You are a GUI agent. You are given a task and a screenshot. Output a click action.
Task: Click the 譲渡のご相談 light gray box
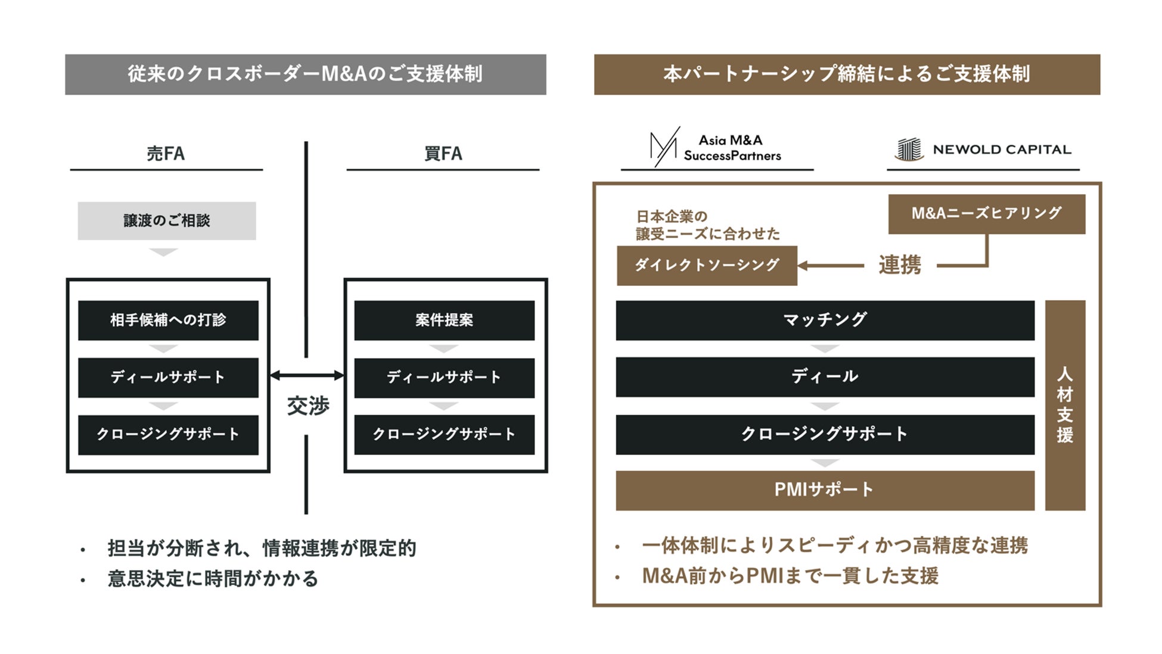[x=167, y=221]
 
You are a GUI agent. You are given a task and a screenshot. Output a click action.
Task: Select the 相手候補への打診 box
[x=168, y=320]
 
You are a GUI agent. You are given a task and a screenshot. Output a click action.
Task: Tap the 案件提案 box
[x=444, y=320]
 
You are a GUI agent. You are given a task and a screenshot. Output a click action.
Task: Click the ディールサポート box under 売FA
[x=168, y=378]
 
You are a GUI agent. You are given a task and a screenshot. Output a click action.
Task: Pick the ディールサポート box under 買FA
[x=444, y=378]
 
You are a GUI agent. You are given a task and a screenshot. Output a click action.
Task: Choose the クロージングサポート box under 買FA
[x=444, y=435]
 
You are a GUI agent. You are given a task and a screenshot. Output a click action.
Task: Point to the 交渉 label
[x=307, y=406]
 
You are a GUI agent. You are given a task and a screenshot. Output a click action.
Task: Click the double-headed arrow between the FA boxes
[x=307, y=375]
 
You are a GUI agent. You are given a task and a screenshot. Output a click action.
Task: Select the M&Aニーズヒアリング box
[x=986, y=214]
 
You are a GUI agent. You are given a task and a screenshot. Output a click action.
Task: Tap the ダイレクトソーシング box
[x=707, y=266]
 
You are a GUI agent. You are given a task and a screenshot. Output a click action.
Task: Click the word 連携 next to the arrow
[x=900, y=265]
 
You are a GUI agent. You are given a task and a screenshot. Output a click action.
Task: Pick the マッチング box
[x=825, y=320]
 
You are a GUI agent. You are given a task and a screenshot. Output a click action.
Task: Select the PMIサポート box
[x=825, y=490]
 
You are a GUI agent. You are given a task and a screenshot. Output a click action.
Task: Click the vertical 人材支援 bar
[x=1065, y=405]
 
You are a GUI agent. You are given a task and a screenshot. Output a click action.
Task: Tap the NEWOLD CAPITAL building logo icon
[x=909, y=149]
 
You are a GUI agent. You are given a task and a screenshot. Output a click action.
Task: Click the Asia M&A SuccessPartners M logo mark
[x=664, y=147]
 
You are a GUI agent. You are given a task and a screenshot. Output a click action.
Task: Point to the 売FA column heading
[x=166, y=154]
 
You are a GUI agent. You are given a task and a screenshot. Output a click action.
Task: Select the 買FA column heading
[x=443, y=154]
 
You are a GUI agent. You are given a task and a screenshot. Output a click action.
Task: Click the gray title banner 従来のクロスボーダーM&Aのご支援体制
[x=305, y=74]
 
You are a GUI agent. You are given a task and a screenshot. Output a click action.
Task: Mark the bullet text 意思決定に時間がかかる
[x=213, y=579]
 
